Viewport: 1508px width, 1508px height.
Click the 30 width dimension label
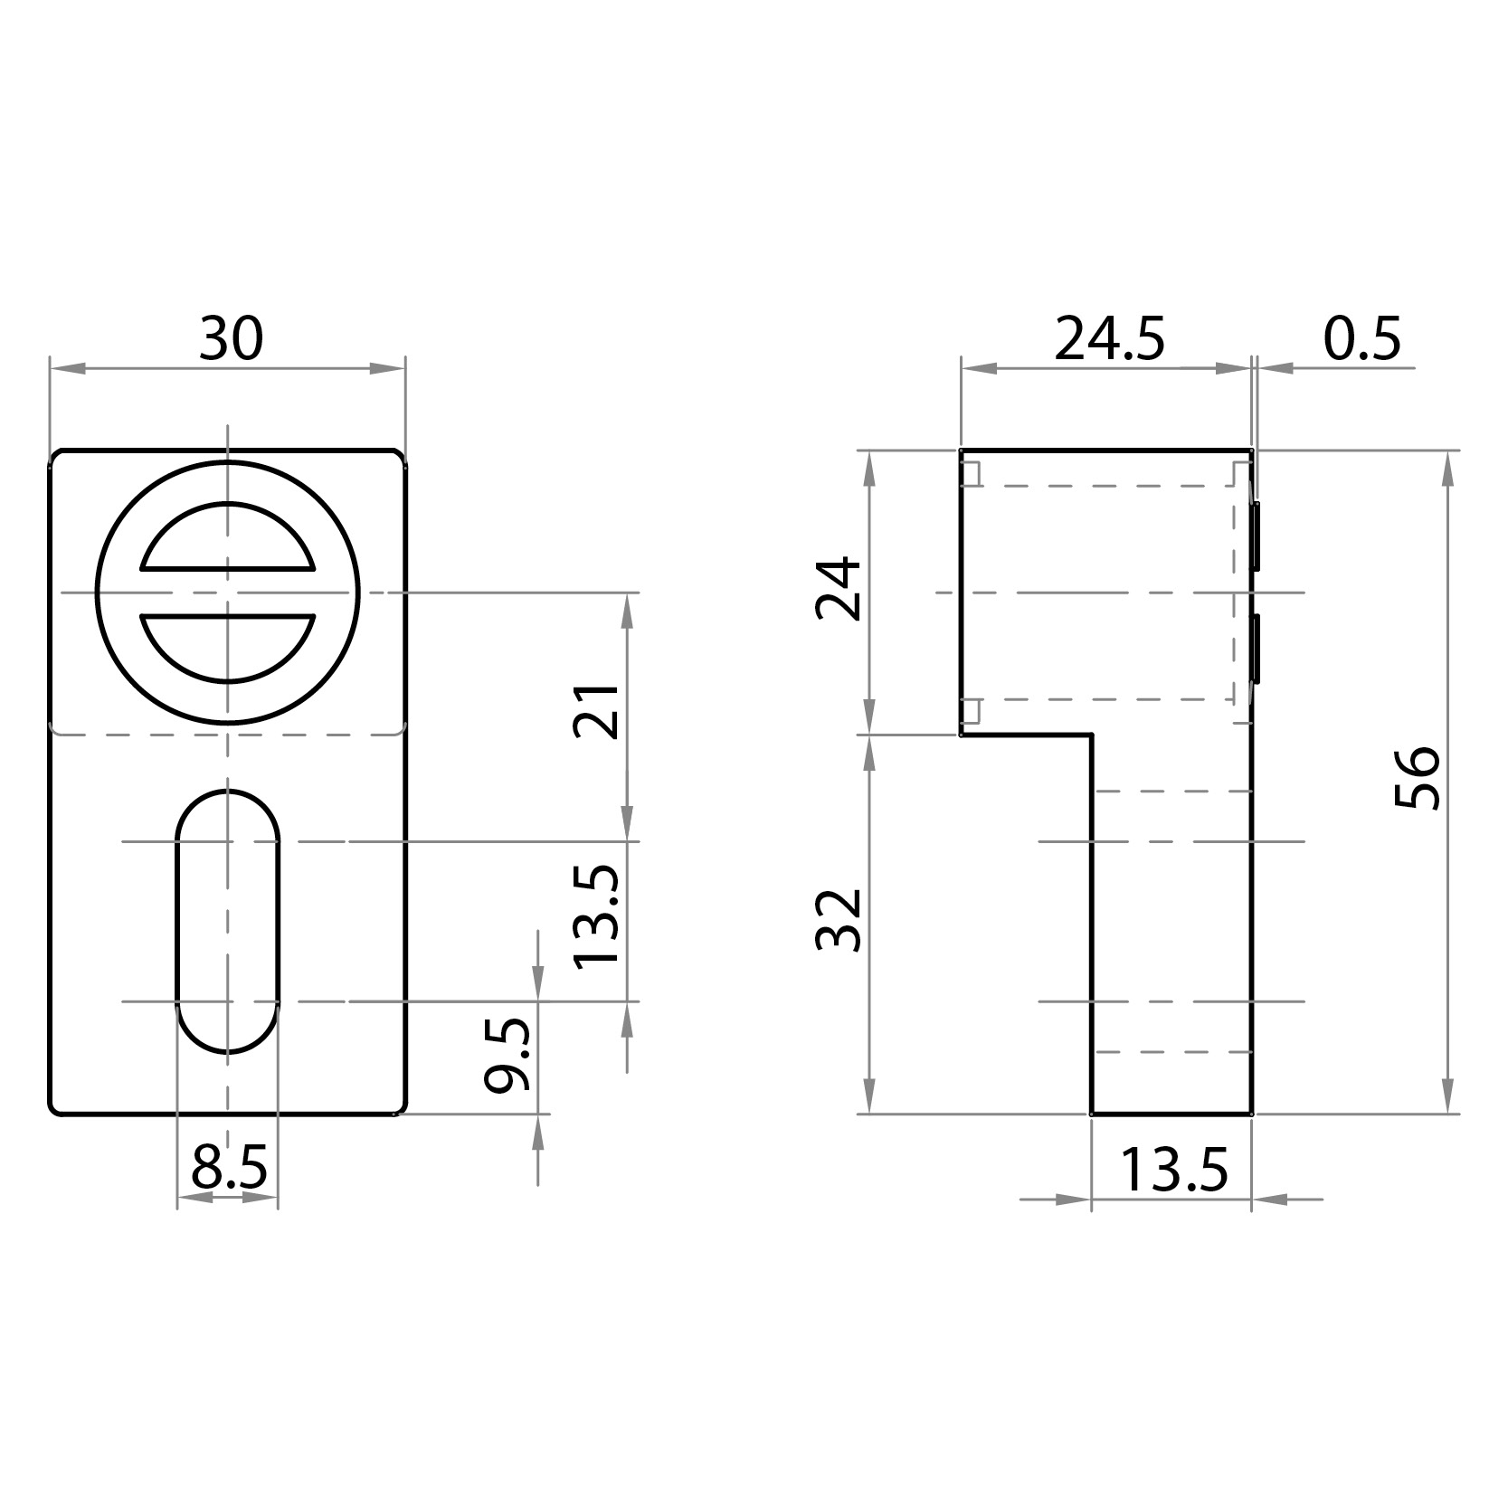[231, 339]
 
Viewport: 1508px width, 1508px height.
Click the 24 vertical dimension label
[839, 589]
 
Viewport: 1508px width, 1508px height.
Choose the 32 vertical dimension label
[839, 920]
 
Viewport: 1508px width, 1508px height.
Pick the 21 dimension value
[598, 714]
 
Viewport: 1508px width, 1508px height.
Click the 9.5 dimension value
[507, 1056]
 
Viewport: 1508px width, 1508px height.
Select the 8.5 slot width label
[228, 1169]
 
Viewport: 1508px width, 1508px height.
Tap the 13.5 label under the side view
[1173, 1171]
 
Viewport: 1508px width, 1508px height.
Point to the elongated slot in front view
[227, 921]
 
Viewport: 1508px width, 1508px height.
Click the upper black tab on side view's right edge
[1256, 536]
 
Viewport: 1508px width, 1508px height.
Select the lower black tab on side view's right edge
[1256, 647]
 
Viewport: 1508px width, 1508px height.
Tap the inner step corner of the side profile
[1092, 735]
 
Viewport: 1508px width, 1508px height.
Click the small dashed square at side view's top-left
[971, 473]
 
